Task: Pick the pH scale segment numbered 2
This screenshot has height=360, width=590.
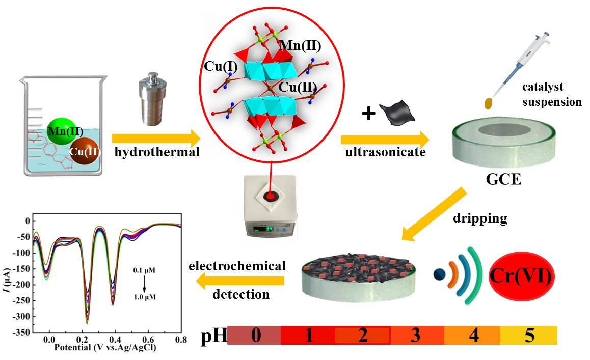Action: click(x=362, y=336)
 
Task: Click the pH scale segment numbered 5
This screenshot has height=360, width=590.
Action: click(x=528, y=336)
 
